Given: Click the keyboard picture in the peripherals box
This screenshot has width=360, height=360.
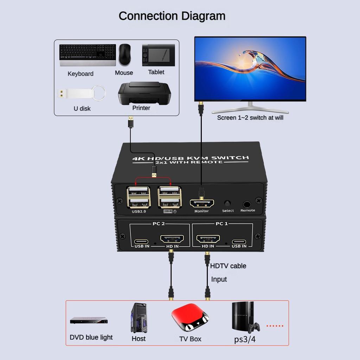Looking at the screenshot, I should click(x=88, y=55).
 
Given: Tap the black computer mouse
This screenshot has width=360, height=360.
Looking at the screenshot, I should click(x=125, y=54).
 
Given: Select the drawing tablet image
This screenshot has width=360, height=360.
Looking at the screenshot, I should click(x=158, y=55).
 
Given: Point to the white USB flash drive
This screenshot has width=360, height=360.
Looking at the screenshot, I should click(x=81, y=93).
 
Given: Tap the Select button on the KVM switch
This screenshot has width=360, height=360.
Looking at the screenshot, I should click(x=227, y=203).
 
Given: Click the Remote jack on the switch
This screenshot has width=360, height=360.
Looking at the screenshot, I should click(x=247, y=204).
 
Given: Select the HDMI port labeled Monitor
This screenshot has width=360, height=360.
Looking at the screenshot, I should click(x=201, y=203).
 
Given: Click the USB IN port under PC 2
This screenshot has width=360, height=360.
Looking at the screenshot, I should click(x=142, y=242).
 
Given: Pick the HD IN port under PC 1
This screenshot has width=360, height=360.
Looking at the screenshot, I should click(x=208, y=240).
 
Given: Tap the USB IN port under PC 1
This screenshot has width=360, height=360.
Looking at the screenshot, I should click(x=239, y=242).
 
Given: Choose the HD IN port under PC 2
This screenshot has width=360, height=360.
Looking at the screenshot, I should click(x=172, y=240).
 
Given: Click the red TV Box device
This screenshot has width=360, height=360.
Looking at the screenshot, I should click(x=190, y=318).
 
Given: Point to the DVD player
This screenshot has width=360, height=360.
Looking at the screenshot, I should click(x=89, y=320).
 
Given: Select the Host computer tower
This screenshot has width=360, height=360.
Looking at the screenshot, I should click(x=139, y=318).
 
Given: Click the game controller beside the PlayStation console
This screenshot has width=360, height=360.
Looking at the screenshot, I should click(x=253, y=327).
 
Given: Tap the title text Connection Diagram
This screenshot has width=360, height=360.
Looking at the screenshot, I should click(x=172, y=16).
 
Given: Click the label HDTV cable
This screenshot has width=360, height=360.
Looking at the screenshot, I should click(x=228, y=266).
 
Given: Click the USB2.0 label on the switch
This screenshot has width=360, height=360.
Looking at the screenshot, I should click(x=139, y=211).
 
